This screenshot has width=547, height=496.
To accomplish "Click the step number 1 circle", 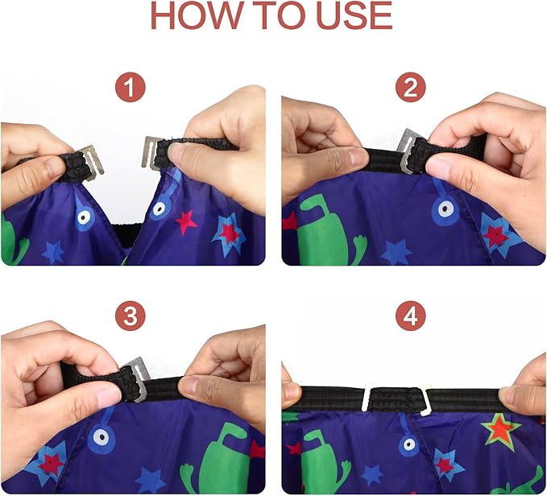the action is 131,88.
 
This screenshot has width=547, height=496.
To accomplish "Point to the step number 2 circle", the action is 411,87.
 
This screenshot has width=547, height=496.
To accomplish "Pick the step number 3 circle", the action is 131,316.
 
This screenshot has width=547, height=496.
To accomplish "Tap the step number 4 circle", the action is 411,316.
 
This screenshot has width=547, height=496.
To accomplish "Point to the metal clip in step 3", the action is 137,378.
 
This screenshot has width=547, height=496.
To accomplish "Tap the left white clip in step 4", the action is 367,397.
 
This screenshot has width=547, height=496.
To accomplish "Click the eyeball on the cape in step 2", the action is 445,210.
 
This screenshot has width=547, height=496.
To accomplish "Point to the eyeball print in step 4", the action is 409,444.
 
